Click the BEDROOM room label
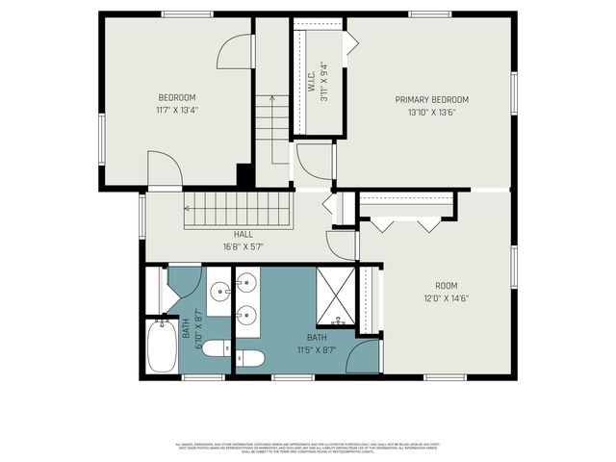coord(177,97)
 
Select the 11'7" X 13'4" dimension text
coord(177,110)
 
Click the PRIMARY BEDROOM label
coord(431,99)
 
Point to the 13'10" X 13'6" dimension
coord(431,112)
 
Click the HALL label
coord(243,234)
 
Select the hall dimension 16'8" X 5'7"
coord(243,246)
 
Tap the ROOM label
coord(445,286)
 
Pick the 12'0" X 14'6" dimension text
coord(445,298)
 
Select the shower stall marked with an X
coord(337,295)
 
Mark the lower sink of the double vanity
coord(247,314)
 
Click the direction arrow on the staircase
coord(272,98)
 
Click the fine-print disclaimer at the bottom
coord(308,448)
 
